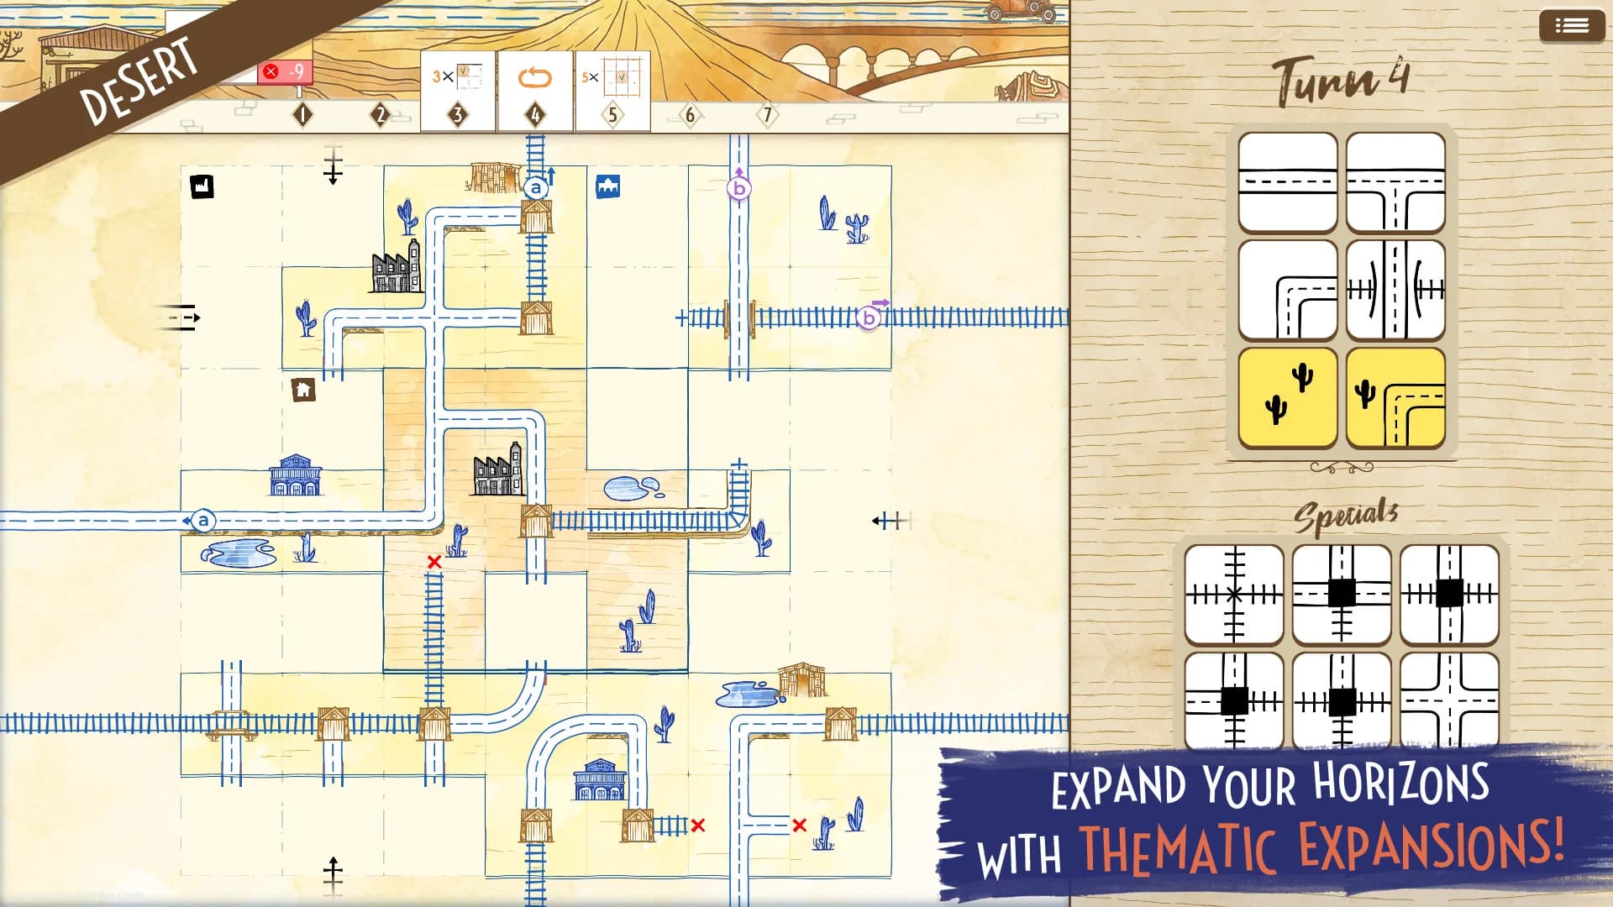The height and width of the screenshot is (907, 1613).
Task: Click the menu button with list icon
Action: pos(1571,26)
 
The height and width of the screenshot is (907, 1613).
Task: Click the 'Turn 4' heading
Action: pos(1341,81)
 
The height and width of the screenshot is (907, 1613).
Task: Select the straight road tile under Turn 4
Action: pos(1288,182)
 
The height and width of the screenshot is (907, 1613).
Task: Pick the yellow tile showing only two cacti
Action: pos(1288,397)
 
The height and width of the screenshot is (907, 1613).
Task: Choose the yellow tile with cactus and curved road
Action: pos(1395,397)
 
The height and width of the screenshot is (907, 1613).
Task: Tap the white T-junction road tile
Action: pos(1395,182)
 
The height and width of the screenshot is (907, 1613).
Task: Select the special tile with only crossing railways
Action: pos(1234,595)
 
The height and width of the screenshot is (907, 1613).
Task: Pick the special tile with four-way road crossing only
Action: pos(1449,700)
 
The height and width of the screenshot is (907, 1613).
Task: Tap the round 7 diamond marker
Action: pos(767,114)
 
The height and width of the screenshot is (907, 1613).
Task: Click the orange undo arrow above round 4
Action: pos(534,78)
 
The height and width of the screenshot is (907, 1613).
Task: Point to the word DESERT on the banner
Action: pos(139,81)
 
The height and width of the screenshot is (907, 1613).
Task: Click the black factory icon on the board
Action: pos(202,186)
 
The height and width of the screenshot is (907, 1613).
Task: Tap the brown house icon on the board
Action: pos(303,390)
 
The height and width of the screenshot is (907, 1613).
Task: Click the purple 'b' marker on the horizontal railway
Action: pos(869,317)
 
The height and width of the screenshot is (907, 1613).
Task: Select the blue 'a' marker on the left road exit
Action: pos(202,521)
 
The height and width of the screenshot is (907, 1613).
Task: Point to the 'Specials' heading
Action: pos(1346,515)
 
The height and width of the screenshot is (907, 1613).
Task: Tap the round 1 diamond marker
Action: pos(302,114)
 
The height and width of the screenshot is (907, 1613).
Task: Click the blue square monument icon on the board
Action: pos(607,186)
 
